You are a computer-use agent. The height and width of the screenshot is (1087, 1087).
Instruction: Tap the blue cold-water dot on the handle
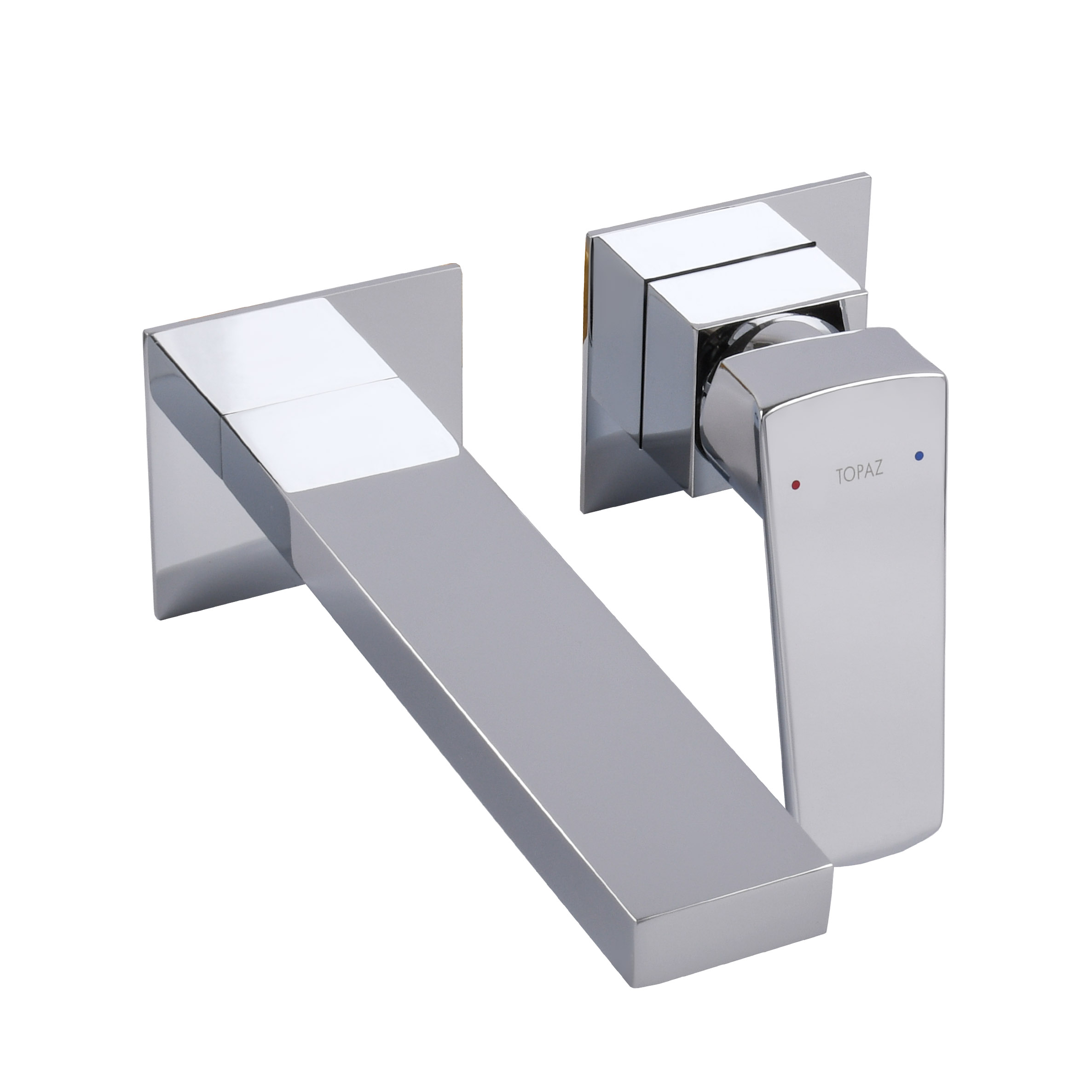click(920, 455)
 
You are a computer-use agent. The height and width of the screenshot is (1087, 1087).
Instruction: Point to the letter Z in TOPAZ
click(879, 457)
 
